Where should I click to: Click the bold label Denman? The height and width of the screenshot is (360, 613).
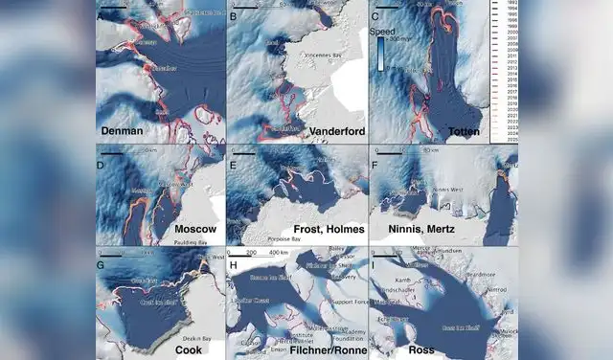[x=124, y=129]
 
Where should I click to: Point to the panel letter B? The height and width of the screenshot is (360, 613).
[x=235, y=18]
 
